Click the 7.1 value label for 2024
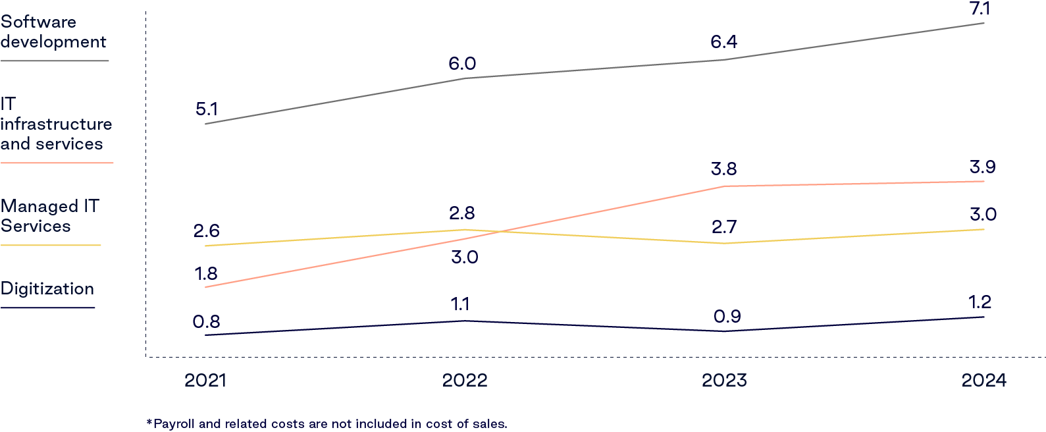(980, 9)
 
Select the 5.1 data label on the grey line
(207, 109)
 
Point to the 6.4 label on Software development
(723, 43)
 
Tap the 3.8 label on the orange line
(723, 169)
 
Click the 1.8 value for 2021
(206, 274)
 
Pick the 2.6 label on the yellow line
(207, 231)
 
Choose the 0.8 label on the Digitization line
(206, 322)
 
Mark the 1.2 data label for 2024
(980, 302)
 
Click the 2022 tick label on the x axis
(465, 381)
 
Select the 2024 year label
(983, 381)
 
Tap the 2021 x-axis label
(205, 381)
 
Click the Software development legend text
(53, 32)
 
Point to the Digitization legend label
(47, 289)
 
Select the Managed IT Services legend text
(49, 216)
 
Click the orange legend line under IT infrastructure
(57, 163)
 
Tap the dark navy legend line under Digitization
(47, 308)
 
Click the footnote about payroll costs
(327, 424)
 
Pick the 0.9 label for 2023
(727, 317)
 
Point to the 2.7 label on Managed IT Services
(724, 227)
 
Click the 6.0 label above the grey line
(462, 64)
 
